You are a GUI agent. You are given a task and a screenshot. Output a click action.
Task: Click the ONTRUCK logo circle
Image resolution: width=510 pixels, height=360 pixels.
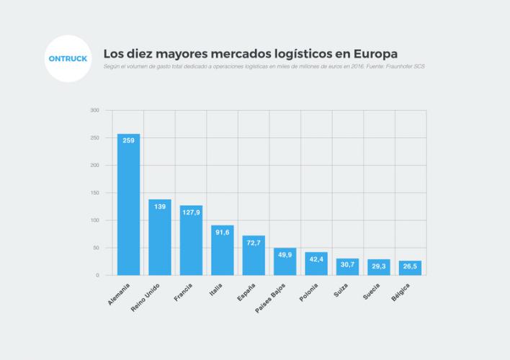pos(67,59)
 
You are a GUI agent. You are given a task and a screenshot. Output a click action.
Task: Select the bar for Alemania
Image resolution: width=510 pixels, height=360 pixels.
pos(128,205)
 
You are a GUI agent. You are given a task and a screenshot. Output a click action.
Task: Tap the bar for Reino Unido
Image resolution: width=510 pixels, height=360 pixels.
pos(160,238)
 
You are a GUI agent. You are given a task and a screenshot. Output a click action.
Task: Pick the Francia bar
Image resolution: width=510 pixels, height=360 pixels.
pos(191,241)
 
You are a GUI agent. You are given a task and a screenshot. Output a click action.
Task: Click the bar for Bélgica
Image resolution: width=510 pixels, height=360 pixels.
pos(410,268)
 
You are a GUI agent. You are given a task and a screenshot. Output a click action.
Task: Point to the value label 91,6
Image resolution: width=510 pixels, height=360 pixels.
pos(222,232)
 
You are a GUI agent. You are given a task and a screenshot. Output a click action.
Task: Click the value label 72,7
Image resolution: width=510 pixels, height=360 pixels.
pos(254,243)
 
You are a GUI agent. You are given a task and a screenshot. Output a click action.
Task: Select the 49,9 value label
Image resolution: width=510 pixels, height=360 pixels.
pos(285,255)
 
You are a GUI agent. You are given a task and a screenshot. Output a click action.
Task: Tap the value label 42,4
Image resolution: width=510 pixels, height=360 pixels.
pos(316,259)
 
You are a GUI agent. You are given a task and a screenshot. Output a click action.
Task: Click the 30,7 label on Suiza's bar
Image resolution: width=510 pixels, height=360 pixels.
pos(347,265)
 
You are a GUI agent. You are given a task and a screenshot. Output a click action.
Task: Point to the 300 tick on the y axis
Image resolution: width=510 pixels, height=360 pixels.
pos(95,110)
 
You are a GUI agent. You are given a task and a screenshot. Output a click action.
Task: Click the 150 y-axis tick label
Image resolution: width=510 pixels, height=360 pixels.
pos(95,193)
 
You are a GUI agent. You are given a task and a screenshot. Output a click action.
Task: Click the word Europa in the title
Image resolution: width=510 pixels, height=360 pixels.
pos(372,54)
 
